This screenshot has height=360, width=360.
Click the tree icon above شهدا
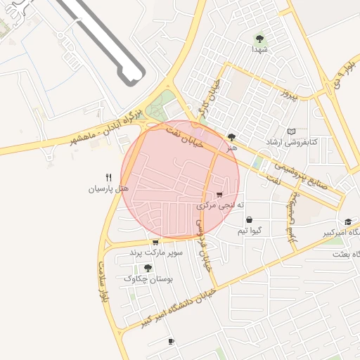pyautogui.click(x=259, y=39)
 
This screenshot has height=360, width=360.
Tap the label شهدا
pyautogui.click(x=259, y=50)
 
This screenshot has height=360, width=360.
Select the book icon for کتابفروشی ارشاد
pyautogui.click(x=292, y=131)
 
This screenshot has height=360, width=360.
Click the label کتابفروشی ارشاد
pyautogui.click(x=290, y=142)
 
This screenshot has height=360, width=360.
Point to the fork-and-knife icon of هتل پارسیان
pyautogui.click(x=108, y=178)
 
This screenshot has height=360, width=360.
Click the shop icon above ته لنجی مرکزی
pyautogui.click(x=220, y=195)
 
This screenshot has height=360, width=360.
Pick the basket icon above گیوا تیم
pyautogui.click(x=249, y=220)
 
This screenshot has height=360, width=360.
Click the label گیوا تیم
pyautogui.click(x=250, y=231)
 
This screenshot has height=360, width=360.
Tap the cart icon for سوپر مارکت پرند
pyautogui.click(x=155, y=242)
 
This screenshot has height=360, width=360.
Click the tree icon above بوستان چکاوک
pyautogui.click(x=148, y=268)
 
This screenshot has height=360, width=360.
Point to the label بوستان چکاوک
pyautogui.click(x=148, y=278)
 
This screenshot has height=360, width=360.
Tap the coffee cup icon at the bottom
pyautogui.click(x=171, y=342)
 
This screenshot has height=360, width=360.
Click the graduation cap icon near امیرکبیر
pyautogui.click(x=348, y=222)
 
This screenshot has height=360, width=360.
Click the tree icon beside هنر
pyautogui.click(x=232, y=137)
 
